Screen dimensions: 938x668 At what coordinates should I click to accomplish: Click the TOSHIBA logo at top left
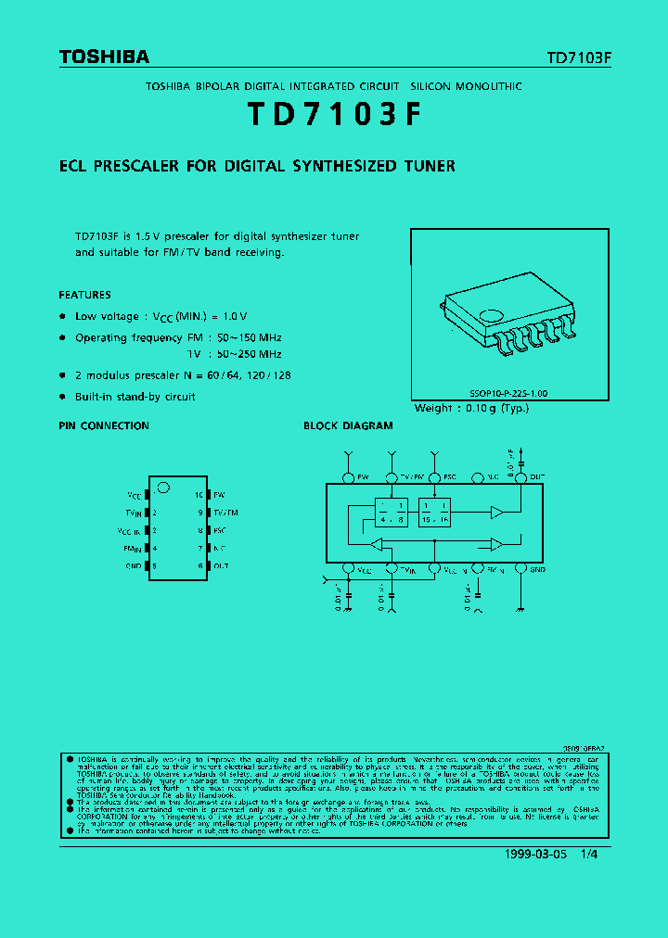point(104,57)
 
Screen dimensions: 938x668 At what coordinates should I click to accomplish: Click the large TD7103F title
point(334,114)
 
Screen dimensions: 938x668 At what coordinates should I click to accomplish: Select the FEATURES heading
point(84,295)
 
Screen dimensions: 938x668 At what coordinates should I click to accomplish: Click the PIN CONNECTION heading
point(104,426)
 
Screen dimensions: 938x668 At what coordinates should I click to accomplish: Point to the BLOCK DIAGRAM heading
point(348,426)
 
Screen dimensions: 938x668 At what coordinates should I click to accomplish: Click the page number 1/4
point(588,855)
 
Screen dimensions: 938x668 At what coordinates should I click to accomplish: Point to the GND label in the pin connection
point(134,565)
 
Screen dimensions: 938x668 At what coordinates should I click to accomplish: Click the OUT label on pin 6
point(221,565)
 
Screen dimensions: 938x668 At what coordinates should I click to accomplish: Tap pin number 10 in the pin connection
point(199,495)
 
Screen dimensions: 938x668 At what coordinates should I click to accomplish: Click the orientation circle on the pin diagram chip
point(163,487)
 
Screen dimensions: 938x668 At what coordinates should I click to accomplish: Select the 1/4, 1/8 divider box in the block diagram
point(391,513)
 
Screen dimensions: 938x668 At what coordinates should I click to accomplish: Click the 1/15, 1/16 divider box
point(435,513)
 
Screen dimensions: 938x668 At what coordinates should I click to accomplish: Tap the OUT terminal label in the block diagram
point(537,477)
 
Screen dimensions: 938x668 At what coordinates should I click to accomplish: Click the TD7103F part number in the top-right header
point(579,57)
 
